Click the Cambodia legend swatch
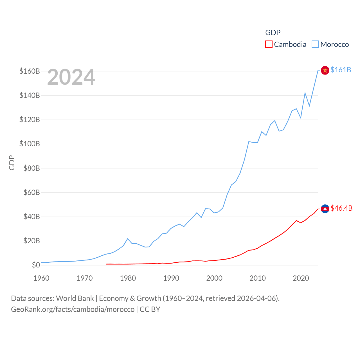[269, 44]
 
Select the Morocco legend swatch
[315, 44]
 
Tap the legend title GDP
[273, 33]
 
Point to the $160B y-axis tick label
[30, 71]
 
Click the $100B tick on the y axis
[30, 144]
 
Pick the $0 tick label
[36, 265]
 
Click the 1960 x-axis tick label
[41, 278]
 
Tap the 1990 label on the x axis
[171, 278]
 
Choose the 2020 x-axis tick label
[301, 278]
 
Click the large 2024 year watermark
[71, 77]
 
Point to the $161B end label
[341, 70]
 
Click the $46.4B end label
[341, 208]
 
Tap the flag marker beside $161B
[325, 70]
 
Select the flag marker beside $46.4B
[325, 209]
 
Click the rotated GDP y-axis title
[12, 163]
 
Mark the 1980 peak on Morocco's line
[128, 239]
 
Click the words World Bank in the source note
[75, 298]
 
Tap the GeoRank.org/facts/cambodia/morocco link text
[73, 309]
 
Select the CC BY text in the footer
[150, 309]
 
